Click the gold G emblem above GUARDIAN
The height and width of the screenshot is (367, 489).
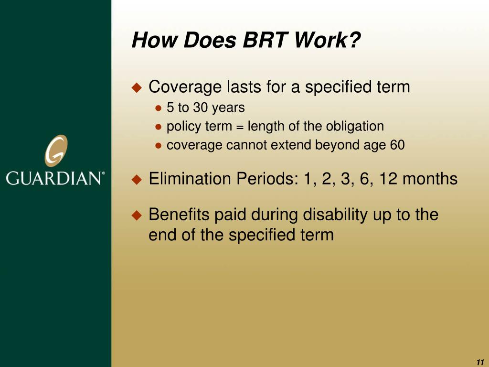56,151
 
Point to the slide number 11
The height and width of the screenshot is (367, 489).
479,362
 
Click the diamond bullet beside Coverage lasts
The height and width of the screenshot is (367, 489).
137,87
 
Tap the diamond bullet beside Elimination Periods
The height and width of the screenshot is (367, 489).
137,180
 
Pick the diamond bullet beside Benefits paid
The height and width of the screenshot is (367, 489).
137,215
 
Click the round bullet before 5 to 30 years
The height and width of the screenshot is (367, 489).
159,108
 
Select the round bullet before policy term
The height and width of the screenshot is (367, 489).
159,127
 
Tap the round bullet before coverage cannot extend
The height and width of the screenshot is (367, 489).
159,146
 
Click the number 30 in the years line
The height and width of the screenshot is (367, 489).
200,108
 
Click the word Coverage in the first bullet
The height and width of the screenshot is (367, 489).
185,87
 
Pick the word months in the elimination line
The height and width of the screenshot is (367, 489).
430,179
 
